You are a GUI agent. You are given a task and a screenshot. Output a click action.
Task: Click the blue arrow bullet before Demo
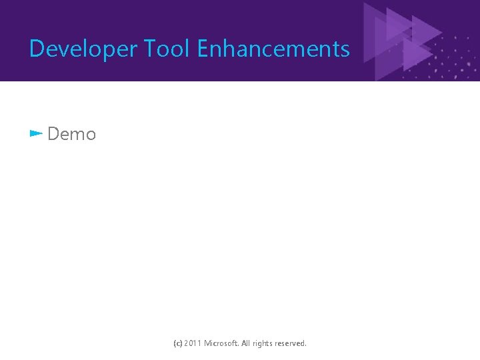pos(36,133)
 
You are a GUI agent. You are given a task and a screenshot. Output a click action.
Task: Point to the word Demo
pos(72,134)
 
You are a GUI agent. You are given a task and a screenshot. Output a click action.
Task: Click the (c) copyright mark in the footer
pos(177,343)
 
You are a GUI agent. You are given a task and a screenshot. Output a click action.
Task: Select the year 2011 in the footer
pos(193,343)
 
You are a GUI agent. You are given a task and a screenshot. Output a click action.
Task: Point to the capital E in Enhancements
pos(203,49)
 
